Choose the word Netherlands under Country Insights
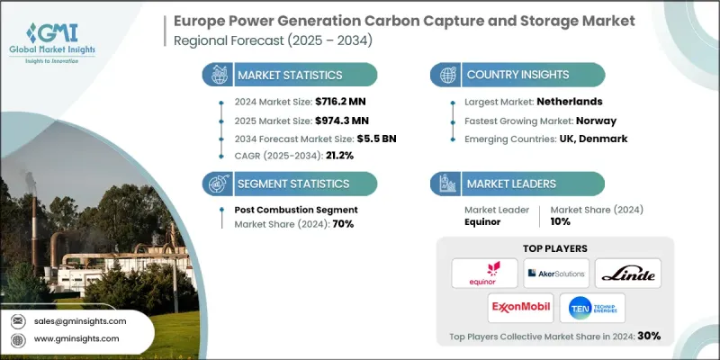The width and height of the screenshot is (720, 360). point(568,103)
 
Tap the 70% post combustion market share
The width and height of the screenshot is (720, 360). point(343,223)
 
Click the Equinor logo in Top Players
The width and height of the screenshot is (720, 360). point(487,272)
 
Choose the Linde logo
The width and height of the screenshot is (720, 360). point(625,272)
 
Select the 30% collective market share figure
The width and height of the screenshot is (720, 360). point(649,336)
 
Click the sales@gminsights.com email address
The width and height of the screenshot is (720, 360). point(81,320)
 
